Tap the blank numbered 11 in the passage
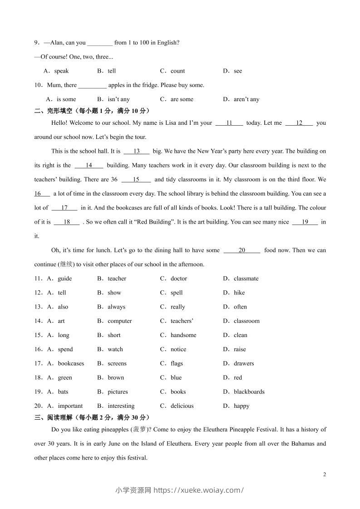point(229,123)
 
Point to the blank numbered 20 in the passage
point(242,250)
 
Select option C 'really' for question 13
point(178,307)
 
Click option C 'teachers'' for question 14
point(182,321)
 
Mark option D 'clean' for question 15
point(240,335)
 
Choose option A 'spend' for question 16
point(65,349)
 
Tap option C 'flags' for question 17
point(177,363)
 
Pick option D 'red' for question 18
point(238,377)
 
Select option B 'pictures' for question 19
point(118,392)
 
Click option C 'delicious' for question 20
point(182,406)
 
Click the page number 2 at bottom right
point(324,475)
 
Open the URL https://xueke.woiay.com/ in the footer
point(199,490)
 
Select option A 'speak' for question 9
point(61,71)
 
